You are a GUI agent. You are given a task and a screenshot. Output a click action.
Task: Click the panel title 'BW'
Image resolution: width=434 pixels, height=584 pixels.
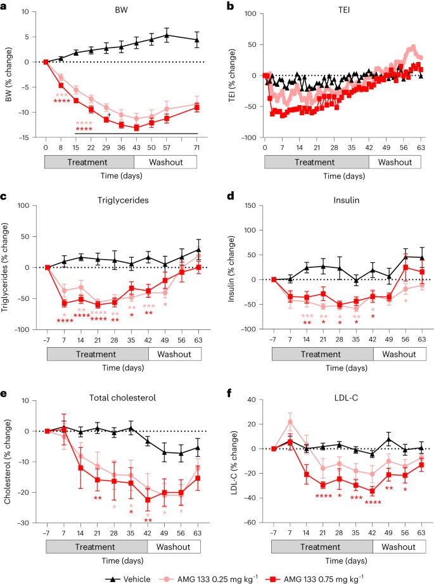point(121,11)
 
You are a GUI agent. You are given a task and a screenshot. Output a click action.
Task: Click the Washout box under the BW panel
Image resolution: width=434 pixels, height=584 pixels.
point(164,162)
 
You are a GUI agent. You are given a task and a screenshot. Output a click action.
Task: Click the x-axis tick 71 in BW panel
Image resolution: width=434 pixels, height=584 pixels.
point(197,147)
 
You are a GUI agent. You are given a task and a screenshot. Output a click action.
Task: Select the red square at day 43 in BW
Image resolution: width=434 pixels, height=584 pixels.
point(136,127)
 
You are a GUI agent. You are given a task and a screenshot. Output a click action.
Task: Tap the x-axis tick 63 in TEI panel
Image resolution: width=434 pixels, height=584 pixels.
point(421,147)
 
